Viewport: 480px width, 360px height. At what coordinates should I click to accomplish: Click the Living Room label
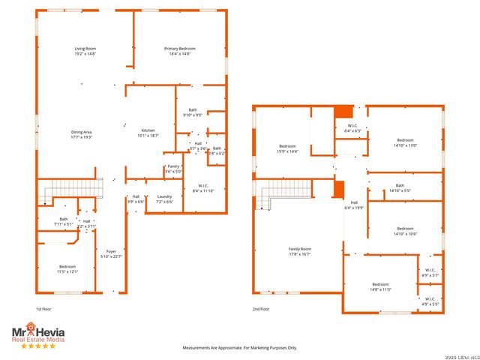click(85, 51)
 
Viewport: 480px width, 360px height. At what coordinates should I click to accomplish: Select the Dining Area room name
click(81, 134)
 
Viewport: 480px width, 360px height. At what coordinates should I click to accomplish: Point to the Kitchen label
click(148, 133)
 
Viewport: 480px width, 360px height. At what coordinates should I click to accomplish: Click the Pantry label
click(172, 169)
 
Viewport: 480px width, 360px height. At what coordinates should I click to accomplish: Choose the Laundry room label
click(164, 199)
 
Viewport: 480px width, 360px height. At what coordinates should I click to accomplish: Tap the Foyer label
click(111, 254)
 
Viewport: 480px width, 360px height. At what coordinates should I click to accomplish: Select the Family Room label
click(300, 251)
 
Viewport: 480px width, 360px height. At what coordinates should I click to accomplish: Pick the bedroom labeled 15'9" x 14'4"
click(288, 148)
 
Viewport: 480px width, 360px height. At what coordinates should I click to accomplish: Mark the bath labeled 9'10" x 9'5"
click(193, 112)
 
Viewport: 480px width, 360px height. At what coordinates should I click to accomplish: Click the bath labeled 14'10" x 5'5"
click(400, 187)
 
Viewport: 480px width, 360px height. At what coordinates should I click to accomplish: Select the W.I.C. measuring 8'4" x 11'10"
click(203, 188)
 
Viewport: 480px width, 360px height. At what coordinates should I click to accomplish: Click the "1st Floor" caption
click(44, 309)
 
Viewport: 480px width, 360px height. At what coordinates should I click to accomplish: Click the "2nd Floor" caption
click(261, 309)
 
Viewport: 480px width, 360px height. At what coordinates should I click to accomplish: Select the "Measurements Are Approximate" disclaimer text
click(240, 347)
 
